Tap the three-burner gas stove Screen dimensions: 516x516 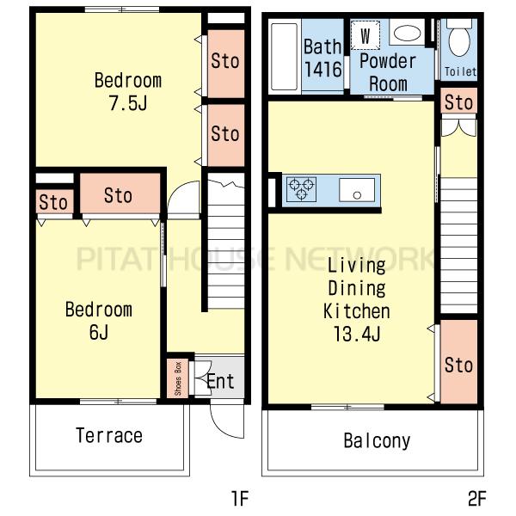click(x=301, y=189)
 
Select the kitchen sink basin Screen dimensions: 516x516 click(x=357, y=189)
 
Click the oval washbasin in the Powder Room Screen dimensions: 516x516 click(x=407, y=34)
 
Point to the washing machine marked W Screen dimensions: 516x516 click(x=365, y=35)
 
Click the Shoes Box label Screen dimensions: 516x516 click(x=178, y=378)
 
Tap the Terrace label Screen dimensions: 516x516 click(x=109, y=435)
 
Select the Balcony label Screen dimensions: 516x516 click(x=377, y=441)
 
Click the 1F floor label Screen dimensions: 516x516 click(x=240, y=498)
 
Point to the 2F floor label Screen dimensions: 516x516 click(x=476, y=498)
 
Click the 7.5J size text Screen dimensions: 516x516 click(x=128, y=103)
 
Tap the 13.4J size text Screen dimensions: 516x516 click(x=357, y=334)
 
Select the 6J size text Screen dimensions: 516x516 click(x=99, y=332)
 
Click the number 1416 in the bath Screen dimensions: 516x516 click(x=322, y=69)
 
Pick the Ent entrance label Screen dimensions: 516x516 click(x=220, y=381)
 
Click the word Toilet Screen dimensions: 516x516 click(x=460, y=71)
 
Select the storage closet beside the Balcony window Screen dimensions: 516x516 click(x=458, y=361)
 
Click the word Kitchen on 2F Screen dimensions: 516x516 click(x=357, y=311)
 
